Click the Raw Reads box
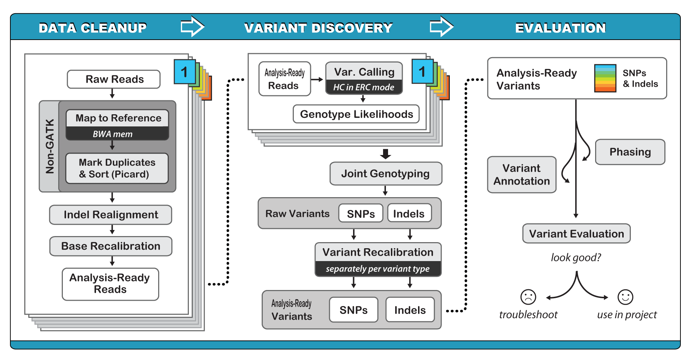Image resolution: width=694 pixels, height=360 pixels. pos(114,79)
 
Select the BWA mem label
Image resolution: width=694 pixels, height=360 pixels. pos(113,134)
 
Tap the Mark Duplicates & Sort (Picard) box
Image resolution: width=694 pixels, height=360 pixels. pos(117,168)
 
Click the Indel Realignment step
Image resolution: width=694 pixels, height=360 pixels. pos(111,215)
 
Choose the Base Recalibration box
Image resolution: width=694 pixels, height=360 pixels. pos(111,246)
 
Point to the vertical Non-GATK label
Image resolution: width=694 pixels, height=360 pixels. pos(50,146)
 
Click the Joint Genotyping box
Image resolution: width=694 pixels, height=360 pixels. pos(386,174)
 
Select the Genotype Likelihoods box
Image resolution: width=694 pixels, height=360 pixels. pos(356,114)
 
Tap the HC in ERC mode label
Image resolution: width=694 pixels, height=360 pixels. pos(364,87)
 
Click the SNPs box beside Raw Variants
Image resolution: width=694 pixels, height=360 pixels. pos(361,214)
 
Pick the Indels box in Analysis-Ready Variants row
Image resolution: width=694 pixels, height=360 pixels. pos(410,310)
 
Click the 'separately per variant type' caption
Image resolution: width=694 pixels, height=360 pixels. pos(378,269)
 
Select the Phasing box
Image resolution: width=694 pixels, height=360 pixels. pos(630,152)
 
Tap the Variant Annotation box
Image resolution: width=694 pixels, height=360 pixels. pos(522,175)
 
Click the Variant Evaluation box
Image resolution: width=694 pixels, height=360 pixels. pos(576,234)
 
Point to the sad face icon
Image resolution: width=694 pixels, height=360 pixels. pos(528,297)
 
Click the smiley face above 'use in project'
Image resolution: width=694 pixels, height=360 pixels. pos(625,297)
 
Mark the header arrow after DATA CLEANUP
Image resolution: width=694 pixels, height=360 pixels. pos(192,27)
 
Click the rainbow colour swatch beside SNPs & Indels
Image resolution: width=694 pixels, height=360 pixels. pos(605,78)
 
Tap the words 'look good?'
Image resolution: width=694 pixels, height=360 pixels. pos(576,257)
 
